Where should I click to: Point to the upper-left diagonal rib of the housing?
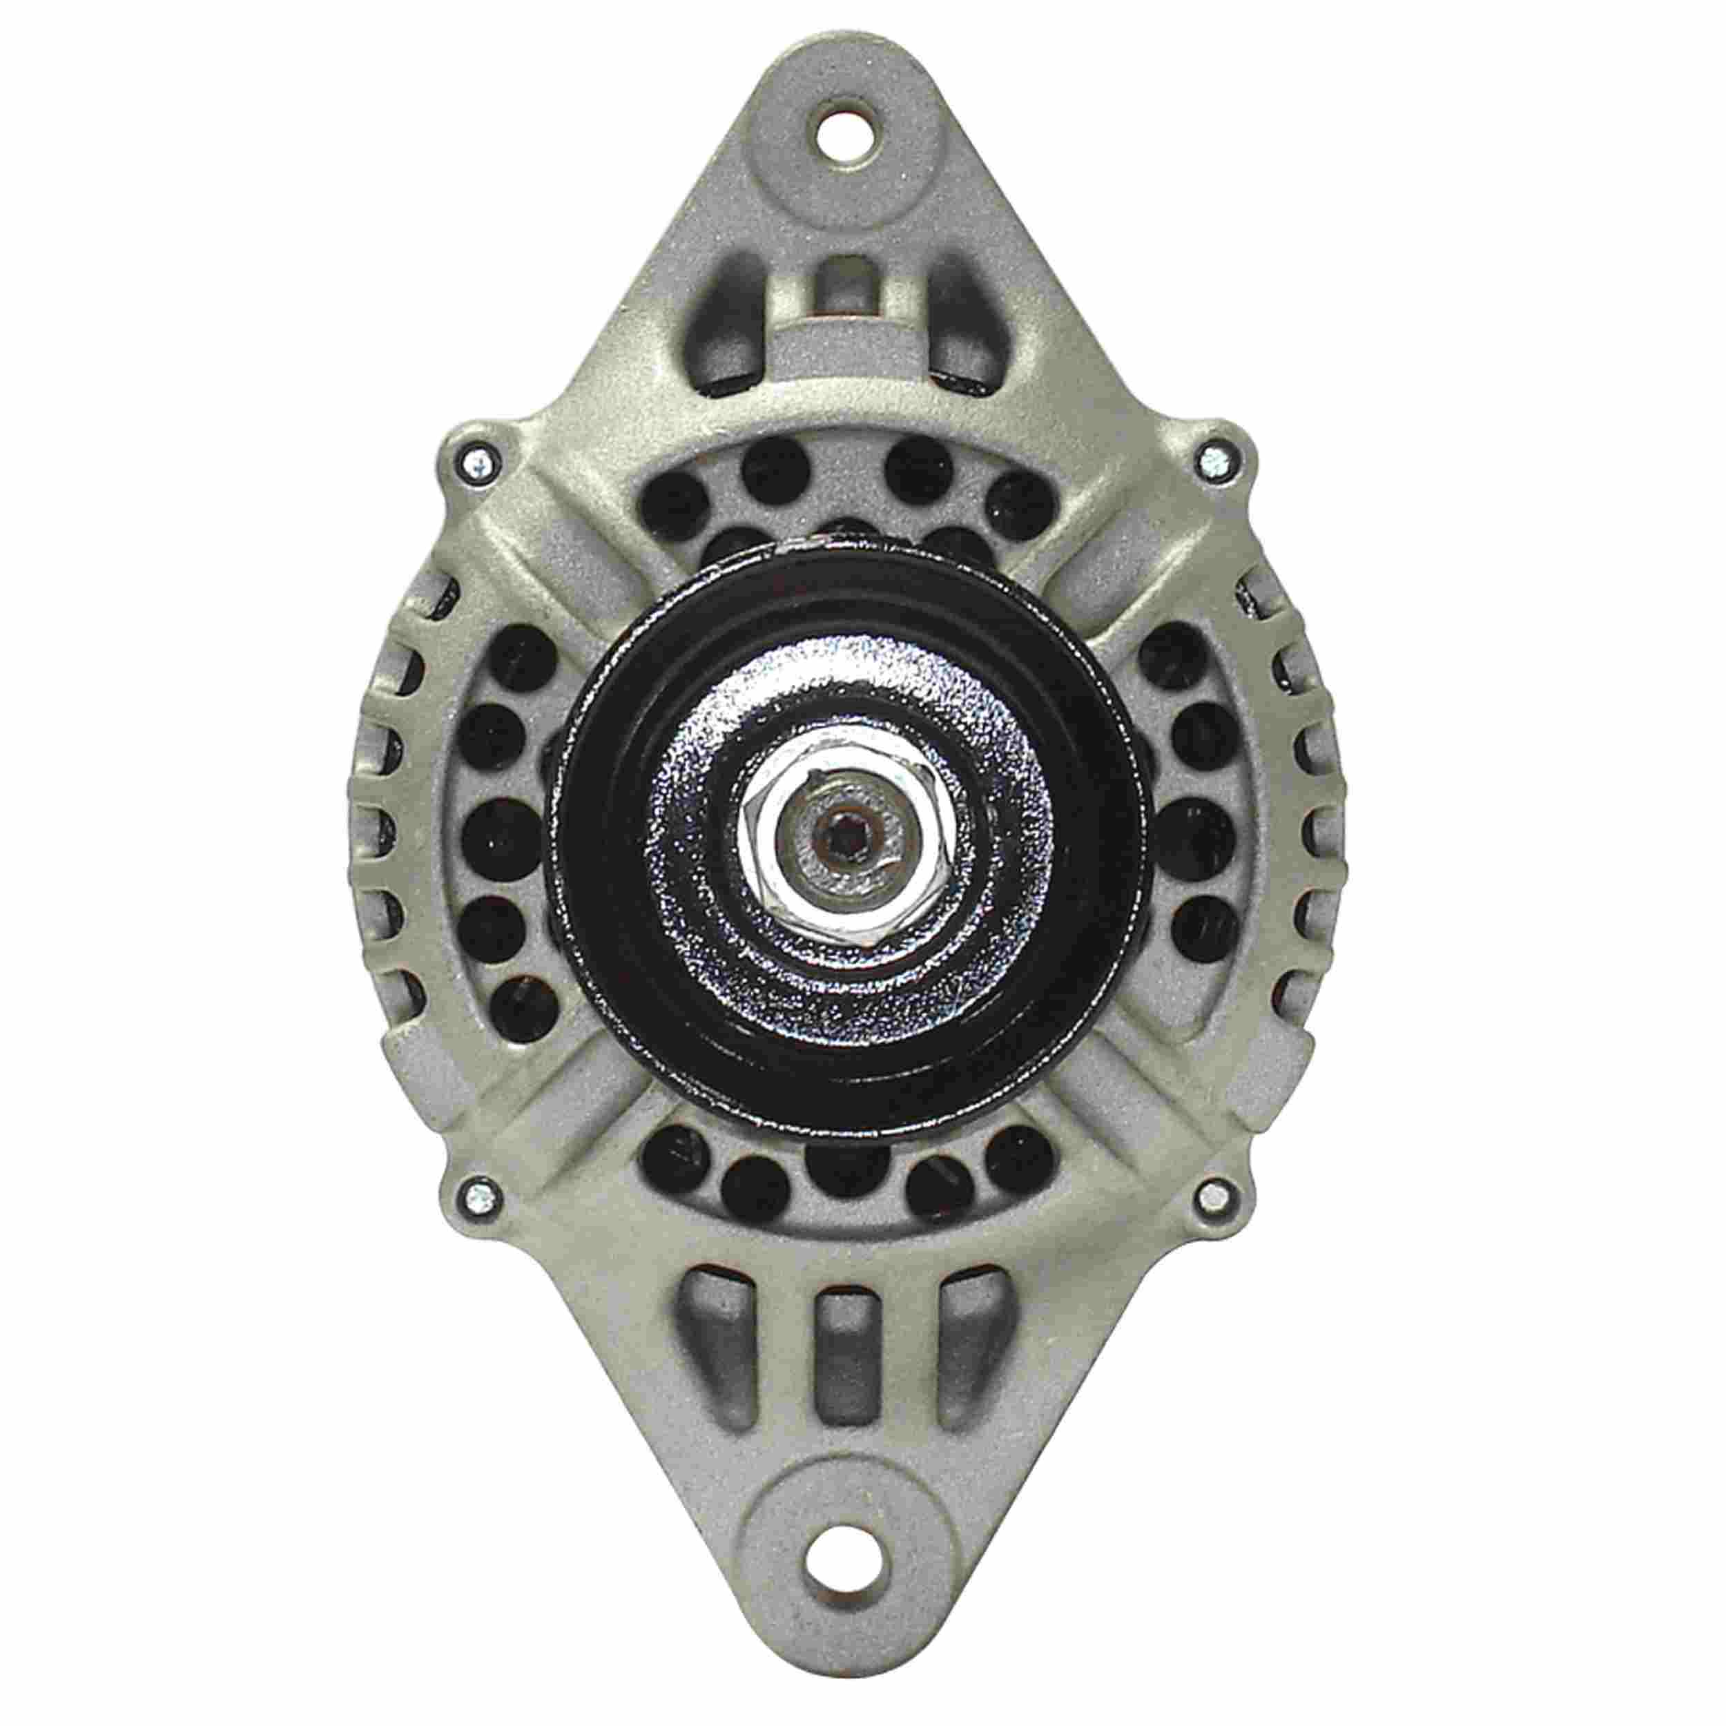tap(572, 563)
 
